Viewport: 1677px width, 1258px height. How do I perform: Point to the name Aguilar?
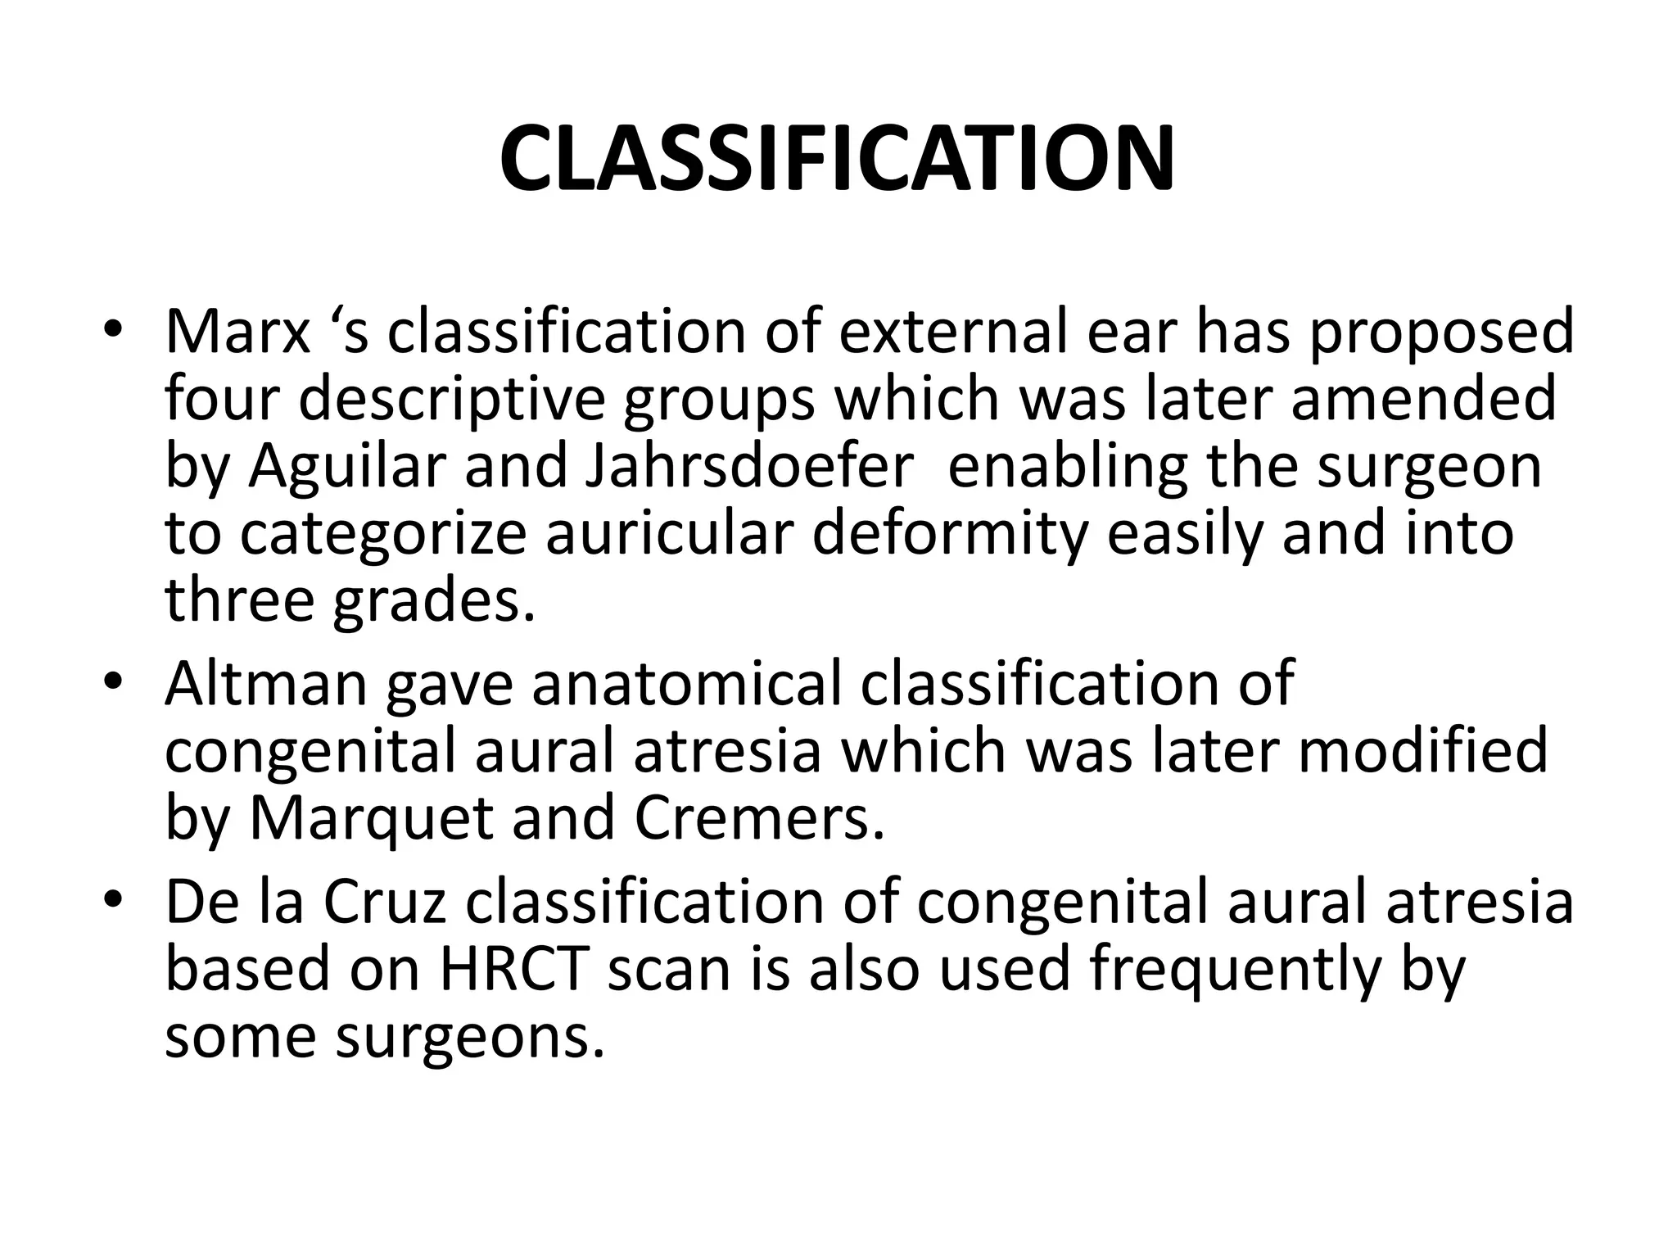point(350,468)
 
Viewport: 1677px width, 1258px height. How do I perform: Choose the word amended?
point(1423,399)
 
